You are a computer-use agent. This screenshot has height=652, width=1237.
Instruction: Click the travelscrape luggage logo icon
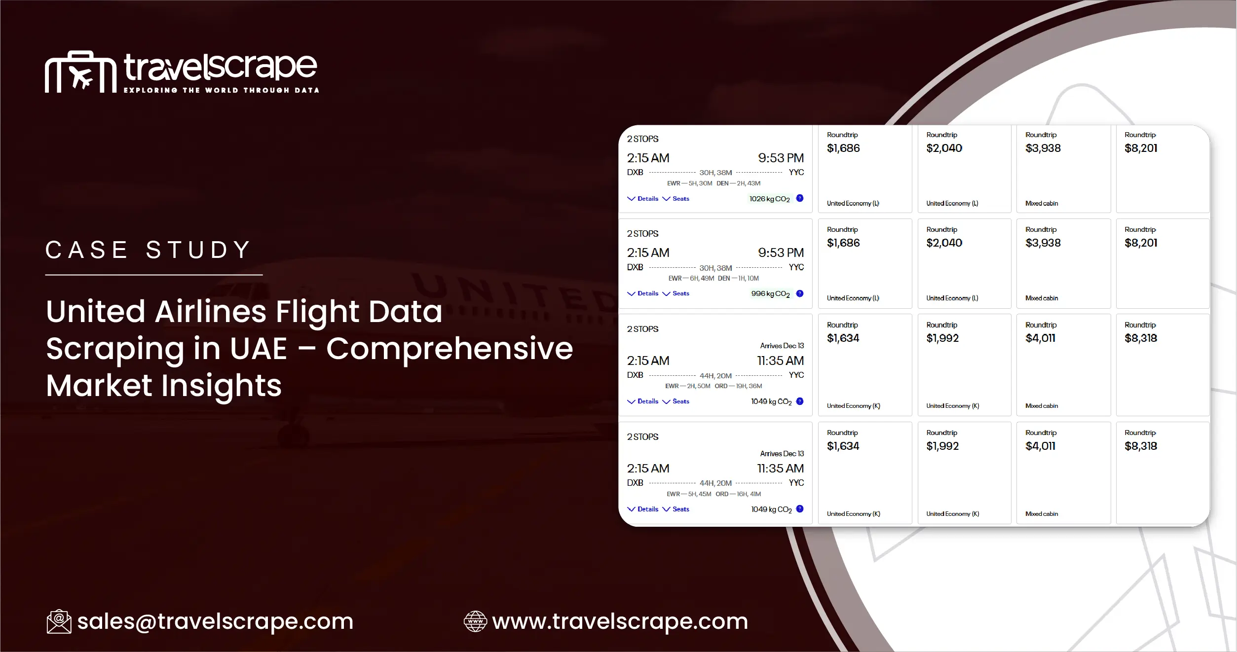[x=80, y=72]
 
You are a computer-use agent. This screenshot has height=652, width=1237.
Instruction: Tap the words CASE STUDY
[x=148, y=250]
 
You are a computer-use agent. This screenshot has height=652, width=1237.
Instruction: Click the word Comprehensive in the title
[x=450, y=348]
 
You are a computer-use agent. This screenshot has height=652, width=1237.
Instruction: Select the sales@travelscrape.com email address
[x=215, y=621]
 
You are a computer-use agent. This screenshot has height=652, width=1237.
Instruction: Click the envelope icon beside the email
[x=59, y=621]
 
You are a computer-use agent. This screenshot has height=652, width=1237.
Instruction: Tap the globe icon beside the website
[x=475, y=621]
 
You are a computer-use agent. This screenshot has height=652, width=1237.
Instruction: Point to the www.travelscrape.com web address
[x=620, y=621]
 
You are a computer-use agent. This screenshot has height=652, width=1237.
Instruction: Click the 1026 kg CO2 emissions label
[x=769, y=199]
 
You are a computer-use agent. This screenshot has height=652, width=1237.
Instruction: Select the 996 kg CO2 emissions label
[x=770, y=293]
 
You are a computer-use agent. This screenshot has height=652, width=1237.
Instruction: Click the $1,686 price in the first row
[x=843, y=148]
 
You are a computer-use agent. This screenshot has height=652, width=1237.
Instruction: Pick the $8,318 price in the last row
[x=1141, y=446]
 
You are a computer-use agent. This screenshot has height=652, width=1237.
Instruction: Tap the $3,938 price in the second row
[x=1043, y=243]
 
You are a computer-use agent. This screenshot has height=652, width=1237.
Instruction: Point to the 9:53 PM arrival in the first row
[x=781, y=158]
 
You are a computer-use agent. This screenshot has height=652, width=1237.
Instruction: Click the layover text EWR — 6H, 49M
[x=691, y=278]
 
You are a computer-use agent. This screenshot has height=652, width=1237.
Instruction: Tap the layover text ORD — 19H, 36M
[x=738, y=386]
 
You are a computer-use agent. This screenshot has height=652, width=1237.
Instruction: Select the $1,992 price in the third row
[x=942, y=338]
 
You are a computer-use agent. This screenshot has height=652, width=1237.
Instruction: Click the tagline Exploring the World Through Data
[x=221, y=90]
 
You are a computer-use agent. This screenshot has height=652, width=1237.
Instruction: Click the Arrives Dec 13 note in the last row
[x=782, y=453]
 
